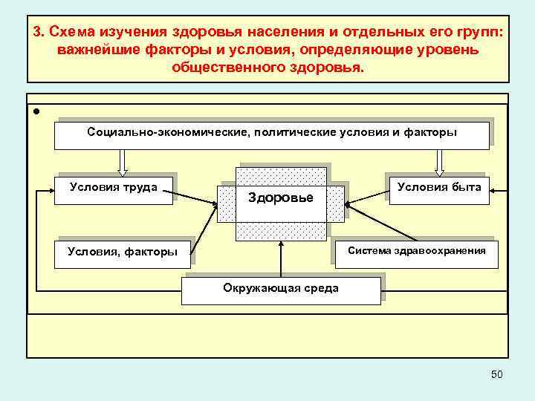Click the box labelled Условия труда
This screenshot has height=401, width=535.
[114, 189]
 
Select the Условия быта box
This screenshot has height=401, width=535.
[439, 189]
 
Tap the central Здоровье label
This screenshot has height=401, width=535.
[280, 198]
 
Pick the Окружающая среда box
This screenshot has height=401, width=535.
[281, 289]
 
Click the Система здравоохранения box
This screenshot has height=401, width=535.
[417, 252]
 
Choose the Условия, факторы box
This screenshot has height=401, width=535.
[123, 252]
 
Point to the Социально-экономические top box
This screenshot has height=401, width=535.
[271, 134]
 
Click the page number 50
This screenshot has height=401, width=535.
[496, 374]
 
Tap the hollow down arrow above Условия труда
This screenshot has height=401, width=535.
[123, 160]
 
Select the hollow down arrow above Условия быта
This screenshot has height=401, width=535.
[439, 160]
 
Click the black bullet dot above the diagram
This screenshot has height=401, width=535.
[36, 111]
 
